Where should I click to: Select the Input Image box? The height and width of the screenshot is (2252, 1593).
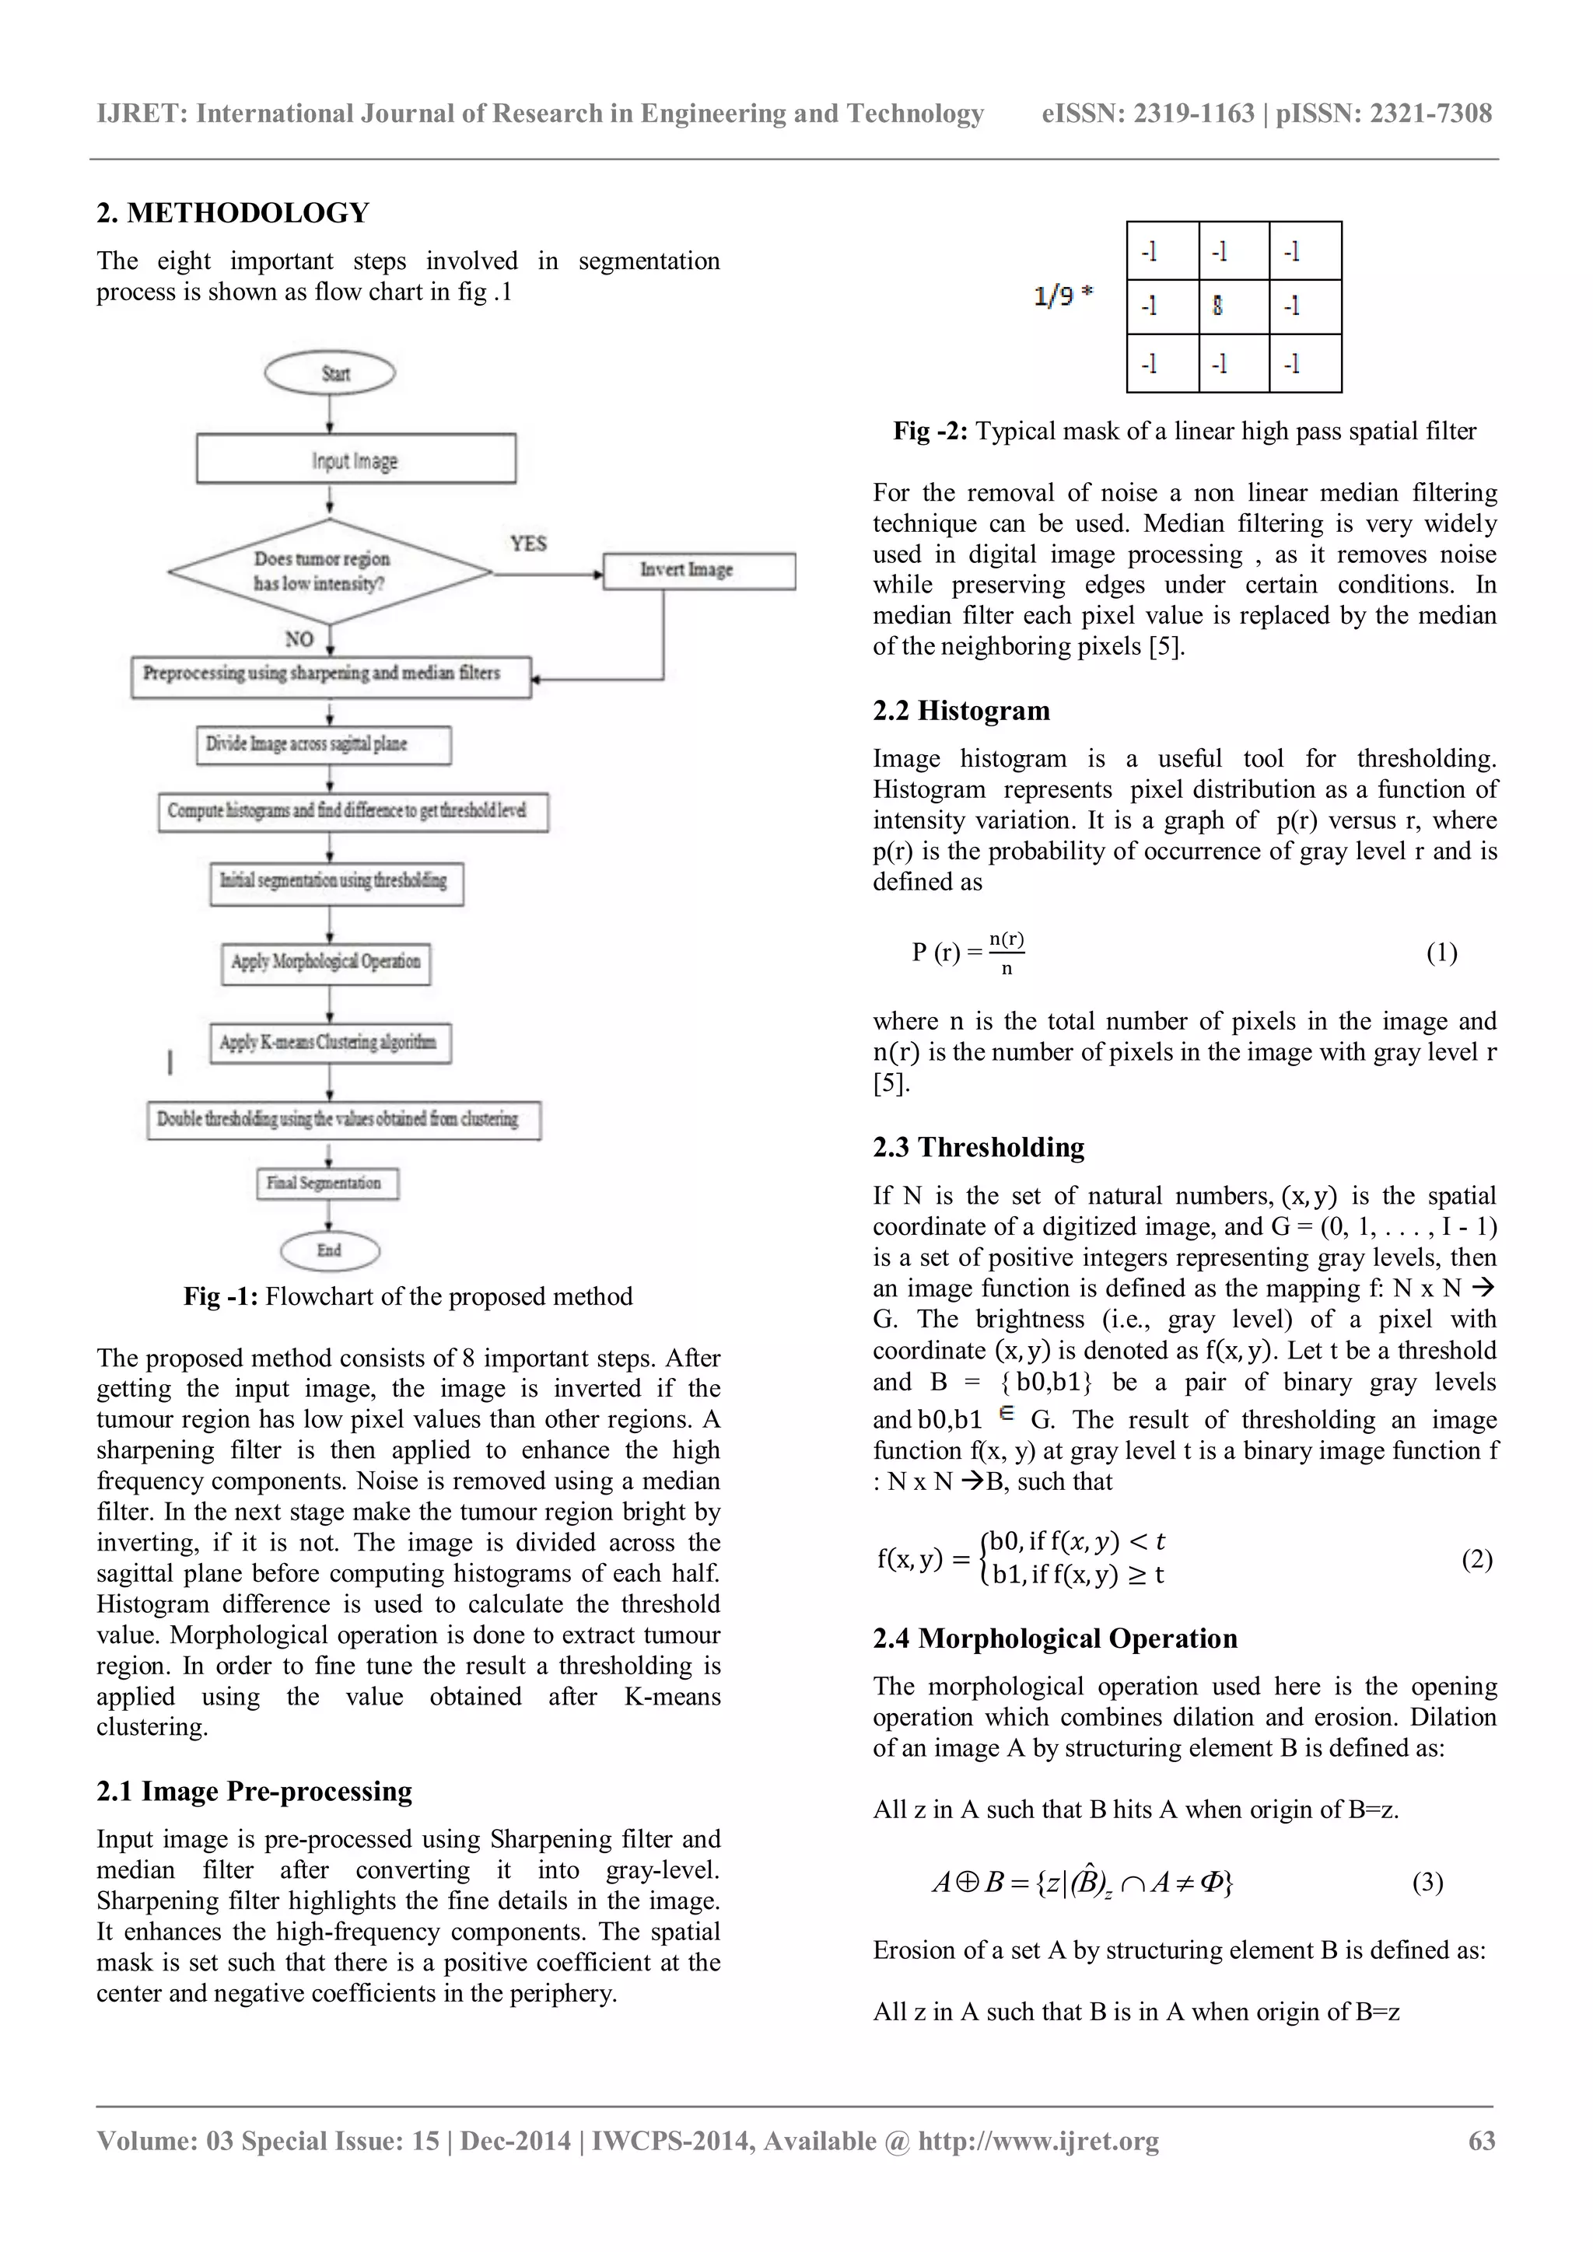point(356,459)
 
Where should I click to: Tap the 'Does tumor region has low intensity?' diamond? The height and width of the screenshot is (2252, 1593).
point(330,571)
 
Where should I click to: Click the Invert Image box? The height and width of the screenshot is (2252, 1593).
point(698,571)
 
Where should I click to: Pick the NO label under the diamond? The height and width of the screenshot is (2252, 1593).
point(299,639)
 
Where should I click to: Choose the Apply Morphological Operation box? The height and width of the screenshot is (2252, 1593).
point(326,962)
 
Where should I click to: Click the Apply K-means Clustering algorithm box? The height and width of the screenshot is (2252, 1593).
point(331,1043)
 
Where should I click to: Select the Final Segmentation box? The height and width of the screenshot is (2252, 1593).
point(327,1184)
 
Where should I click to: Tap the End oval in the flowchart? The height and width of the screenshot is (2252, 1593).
point(330,1250)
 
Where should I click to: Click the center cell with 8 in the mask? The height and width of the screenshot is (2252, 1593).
point(1233,307)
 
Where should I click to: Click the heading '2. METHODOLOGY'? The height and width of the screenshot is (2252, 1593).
point(233,213)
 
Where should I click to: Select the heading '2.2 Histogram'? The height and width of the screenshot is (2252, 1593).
point(961,710)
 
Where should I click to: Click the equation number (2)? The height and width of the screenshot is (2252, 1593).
point(1476,1560)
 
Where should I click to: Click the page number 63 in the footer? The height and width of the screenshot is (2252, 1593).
point(1481,2141)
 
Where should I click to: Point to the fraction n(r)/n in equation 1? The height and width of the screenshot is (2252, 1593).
point(1007,953)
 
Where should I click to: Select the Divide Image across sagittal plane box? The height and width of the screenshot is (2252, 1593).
point(324,744)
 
